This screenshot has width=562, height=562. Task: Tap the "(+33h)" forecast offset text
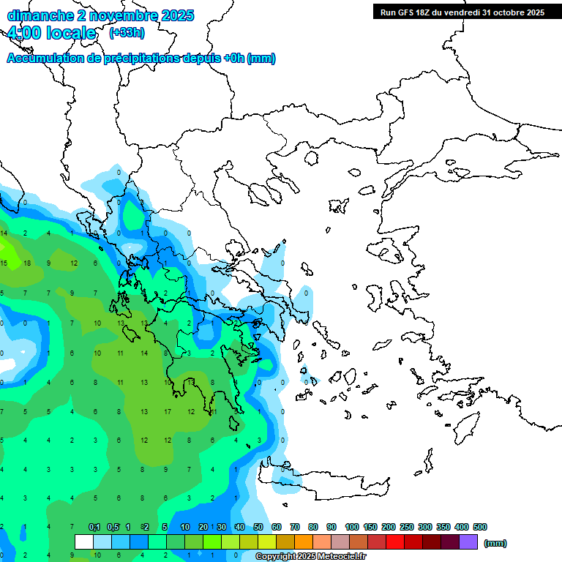click(x=127, y=33)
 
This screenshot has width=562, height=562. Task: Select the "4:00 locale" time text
click(x=51, y=33)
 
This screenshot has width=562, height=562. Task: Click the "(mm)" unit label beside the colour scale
click(x=495, y=543)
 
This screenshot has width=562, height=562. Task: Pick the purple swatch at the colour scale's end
click(x=468, y=542)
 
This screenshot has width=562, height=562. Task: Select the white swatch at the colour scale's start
click(x=84, y=542)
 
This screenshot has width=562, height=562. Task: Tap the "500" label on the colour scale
click(x=479, y=527)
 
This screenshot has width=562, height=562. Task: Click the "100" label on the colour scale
click(x=352, y=527)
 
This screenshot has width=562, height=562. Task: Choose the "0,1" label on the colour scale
click(x=94, y=527)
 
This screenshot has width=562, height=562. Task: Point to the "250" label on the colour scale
click(x=407, y=527)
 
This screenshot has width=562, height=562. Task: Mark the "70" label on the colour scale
click(x=295, y=527)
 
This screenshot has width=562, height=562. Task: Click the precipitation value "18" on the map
click(x=27, y=263)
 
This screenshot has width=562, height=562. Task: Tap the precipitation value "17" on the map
click(x=168, y=411)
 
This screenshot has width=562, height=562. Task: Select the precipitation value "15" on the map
click(x=4, y=263)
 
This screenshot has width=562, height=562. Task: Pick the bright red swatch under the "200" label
click(x=395, y=542)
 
